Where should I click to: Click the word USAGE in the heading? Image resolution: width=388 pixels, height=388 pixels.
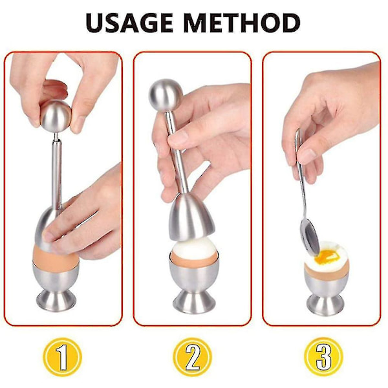pos(129,23)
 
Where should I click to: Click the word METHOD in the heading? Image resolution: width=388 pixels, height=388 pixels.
pos(242,23)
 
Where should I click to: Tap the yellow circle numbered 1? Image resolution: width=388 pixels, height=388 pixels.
pos(62,357)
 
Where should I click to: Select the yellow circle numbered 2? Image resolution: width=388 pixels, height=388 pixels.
pos(193,357)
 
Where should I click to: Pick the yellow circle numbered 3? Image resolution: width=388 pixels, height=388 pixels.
pos(323,357)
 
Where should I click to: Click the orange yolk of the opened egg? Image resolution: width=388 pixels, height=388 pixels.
pos(326,256)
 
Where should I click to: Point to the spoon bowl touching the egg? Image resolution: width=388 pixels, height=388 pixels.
pos(309,236)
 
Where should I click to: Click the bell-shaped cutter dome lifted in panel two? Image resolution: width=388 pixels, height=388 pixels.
pos(191,217)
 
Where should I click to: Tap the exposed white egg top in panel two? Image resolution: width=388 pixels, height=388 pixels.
pos(194,247)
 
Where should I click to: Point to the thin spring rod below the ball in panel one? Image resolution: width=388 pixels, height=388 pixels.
pos(56,136)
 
